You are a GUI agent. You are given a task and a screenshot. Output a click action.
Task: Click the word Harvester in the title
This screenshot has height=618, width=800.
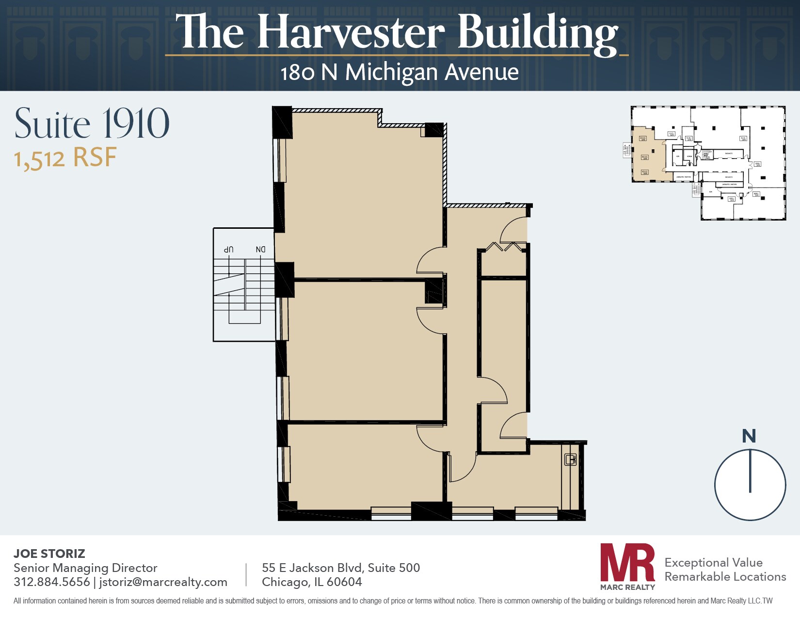(x=351, y=33)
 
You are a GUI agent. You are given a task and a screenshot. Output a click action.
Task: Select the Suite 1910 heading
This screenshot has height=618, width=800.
(x=92, y=124)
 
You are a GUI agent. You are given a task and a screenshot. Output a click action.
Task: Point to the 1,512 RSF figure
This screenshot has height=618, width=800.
(x=65, y=158)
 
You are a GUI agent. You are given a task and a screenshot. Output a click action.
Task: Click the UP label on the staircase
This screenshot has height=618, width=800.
(x=229, y=249)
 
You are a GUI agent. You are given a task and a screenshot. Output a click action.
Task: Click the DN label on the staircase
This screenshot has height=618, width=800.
(x=261, y=249)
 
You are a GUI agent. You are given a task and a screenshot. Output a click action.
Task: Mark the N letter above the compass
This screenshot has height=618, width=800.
(x=749, y=436)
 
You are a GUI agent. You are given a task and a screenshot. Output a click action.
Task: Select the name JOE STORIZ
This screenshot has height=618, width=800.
(x=49, y=554)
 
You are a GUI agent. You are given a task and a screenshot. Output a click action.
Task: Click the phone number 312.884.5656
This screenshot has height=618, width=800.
(x=52, y=582)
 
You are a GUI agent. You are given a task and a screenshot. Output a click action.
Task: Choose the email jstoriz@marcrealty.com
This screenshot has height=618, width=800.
(x=163, y=582)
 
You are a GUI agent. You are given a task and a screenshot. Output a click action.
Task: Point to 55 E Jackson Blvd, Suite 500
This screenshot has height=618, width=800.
(x=341, y=568)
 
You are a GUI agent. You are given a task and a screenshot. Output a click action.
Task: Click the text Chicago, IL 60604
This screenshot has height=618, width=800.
(x=312, y=582)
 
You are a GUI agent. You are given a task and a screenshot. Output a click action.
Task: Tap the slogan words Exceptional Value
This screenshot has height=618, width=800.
(x=713, y=562)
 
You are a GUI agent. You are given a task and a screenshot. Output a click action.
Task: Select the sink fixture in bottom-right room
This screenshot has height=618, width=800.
(x=571, y=460)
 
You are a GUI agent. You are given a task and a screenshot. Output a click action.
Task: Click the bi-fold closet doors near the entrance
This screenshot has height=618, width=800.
(x=505, y=247)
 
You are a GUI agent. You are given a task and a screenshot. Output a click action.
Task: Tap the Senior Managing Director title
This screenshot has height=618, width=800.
(x=85, y=568)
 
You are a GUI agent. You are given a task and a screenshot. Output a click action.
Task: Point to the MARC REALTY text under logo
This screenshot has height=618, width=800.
(x=627, y=587)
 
